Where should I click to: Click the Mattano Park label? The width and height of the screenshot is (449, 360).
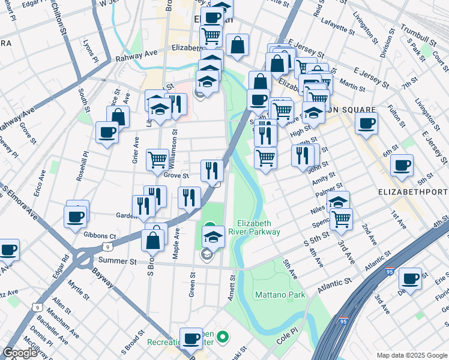click(280, 295)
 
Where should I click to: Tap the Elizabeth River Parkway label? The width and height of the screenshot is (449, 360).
click(259, 227)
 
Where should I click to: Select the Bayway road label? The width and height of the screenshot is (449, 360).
click(104, 281)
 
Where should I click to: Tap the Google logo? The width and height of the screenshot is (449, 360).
click(20, 353)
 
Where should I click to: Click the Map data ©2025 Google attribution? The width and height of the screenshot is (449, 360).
click(411, 355)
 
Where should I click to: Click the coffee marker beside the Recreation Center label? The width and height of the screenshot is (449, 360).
click(191, 338)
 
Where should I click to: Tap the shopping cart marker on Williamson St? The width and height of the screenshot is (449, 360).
click(158, 159)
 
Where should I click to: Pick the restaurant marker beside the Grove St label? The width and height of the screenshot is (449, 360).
click(212, 170)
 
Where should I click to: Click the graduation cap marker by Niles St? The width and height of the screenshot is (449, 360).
click(338, 202)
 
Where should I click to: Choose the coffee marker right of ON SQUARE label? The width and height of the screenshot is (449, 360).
click(366, 124)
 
